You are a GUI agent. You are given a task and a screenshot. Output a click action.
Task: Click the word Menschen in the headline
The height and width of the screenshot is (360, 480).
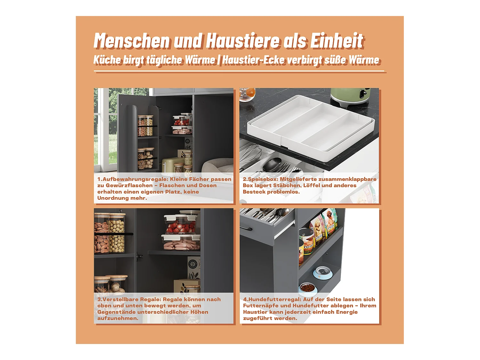132,41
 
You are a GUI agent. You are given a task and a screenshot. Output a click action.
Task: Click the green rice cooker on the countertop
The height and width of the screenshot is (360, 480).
350,97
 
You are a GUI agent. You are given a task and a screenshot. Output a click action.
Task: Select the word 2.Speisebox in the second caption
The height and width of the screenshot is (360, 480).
260,179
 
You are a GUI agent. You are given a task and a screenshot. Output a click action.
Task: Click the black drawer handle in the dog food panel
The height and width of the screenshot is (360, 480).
246,229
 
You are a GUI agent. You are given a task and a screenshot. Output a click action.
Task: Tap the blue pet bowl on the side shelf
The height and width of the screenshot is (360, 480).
323,273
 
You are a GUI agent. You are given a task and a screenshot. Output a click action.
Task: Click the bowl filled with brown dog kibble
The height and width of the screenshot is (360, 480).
308,289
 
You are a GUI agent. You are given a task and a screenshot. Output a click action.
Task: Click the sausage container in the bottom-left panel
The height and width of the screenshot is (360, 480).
181,243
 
